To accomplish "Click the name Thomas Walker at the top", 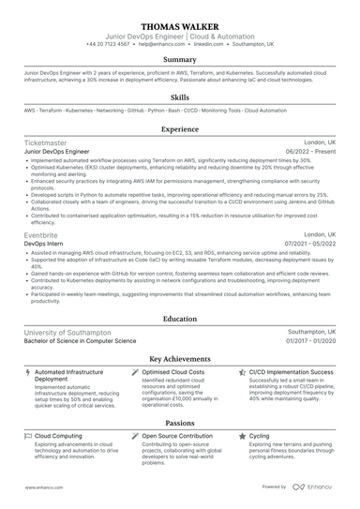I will click(180, 24).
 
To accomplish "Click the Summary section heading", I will click(180, 60).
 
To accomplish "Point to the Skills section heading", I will click(180, 97).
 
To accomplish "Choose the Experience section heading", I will click(180, 129).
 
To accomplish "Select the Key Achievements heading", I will click(180, 359).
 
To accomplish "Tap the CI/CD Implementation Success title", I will click(292, 372).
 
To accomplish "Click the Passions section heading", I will click(180, 424).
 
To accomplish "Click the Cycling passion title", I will click(260, 437).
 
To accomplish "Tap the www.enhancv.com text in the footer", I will click(42, 487).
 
